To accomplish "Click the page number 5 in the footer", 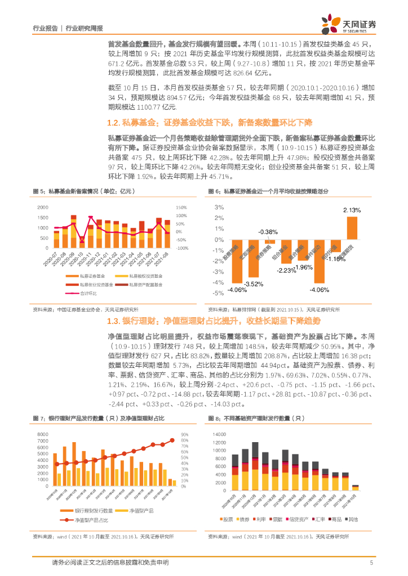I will [x=371, y=562].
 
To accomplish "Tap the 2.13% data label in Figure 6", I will [x=352, y=210].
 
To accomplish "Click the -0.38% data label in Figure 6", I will [x=268, y=232].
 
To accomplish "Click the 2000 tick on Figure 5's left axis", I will [x=42, y=208].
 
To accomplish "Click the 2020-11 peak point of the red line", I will [x=91, y=217].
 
